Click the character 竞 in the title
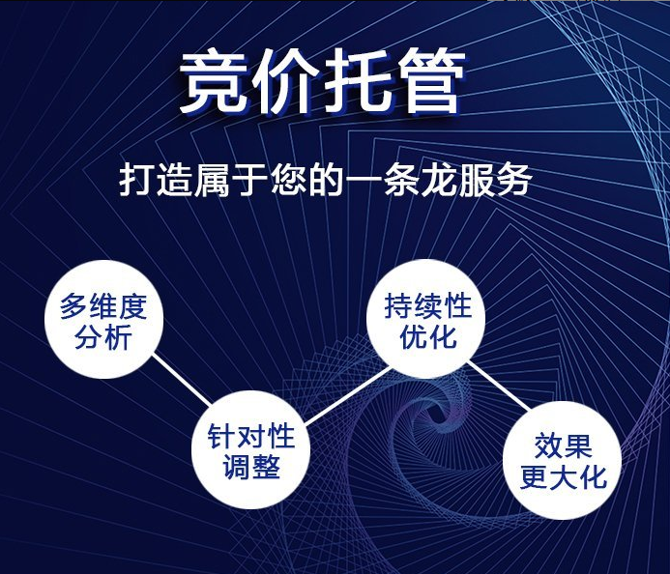point(214,81)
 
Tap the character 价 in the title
point(284,81)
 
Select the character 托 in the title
point(355,81)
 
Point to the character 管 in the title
point(425,81)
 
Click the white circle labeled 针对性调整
point(251,452)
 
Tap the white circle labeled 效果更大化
point(563,461)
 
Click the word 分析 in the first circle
point(102,339)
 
